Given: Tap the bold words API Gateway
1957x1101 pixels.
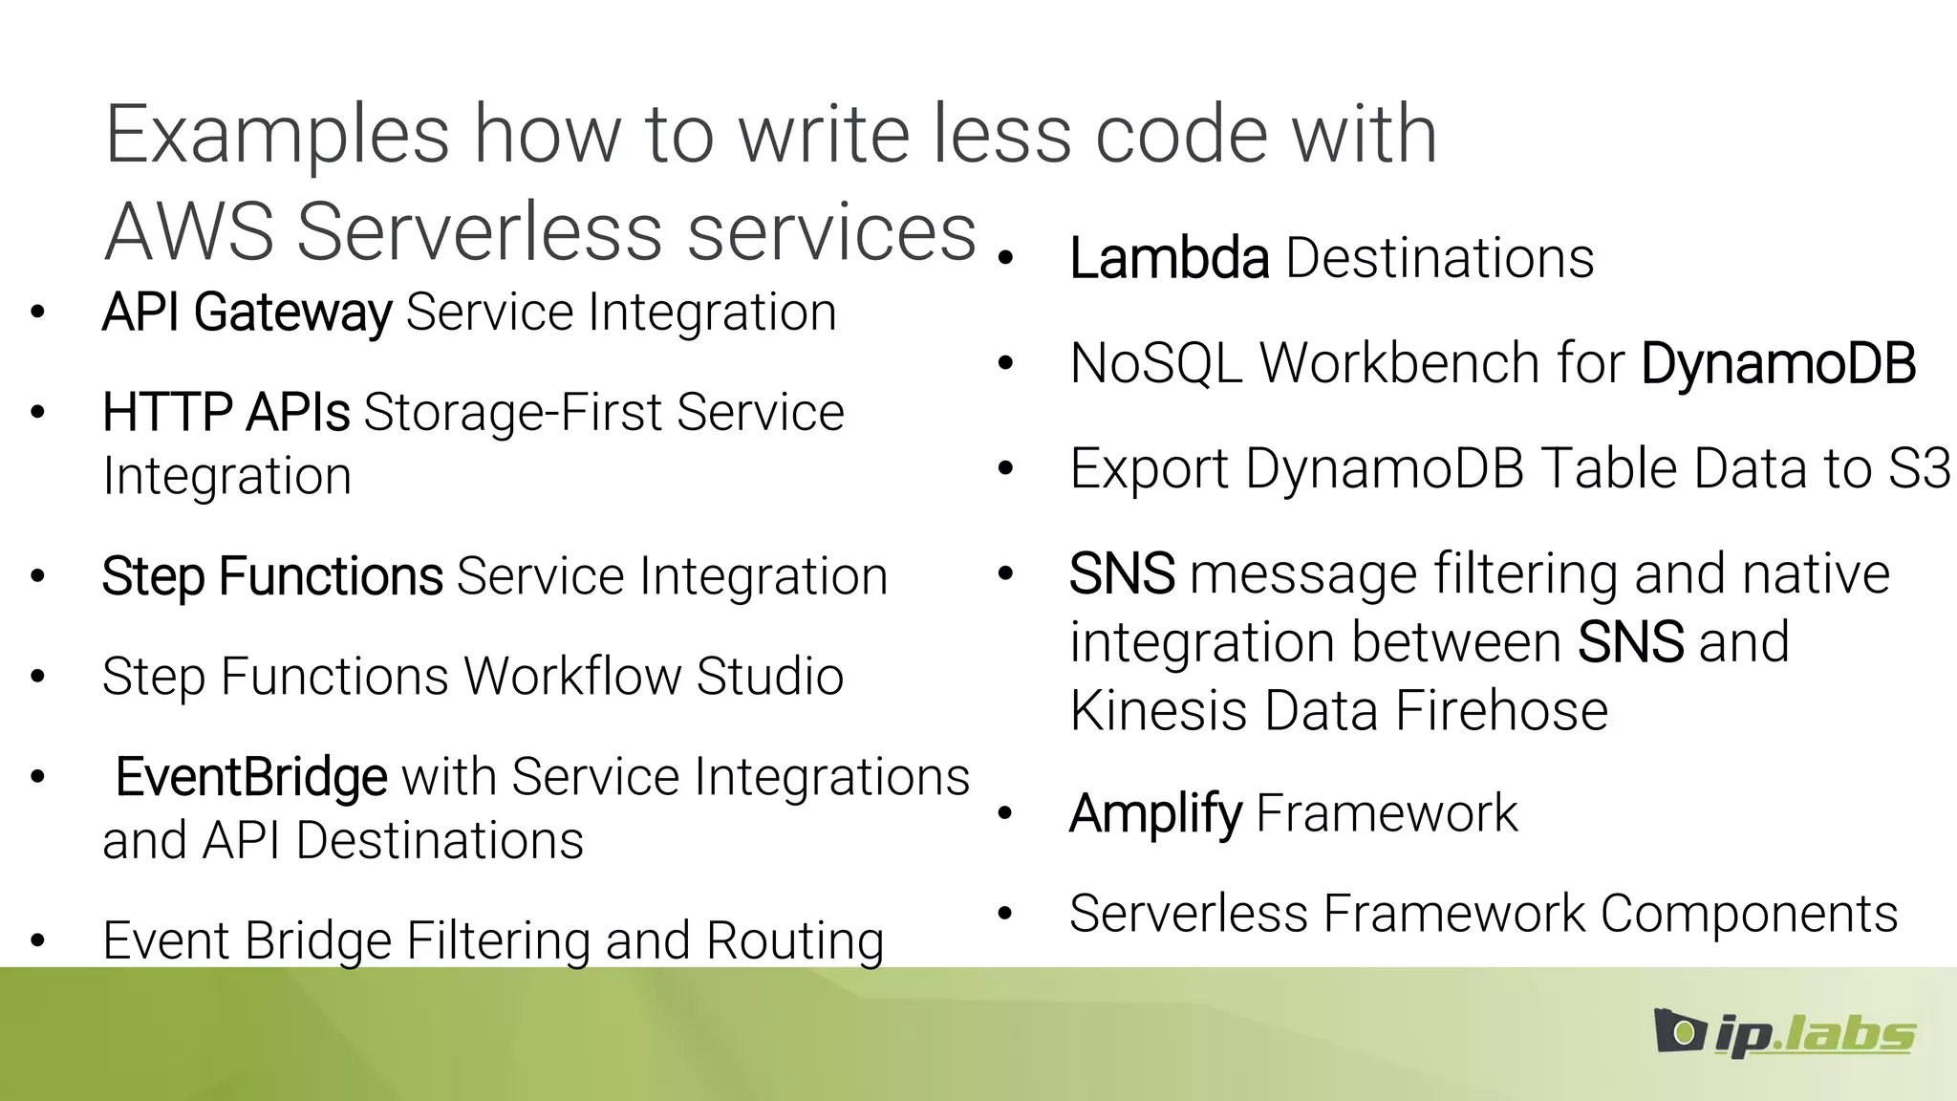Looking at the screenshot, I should pos(247,313).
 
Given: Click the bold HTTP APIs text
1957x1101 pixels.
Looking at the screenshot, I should pos(226,413).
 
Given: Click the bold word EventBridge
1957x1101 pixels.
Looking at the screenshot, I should pos(251,777).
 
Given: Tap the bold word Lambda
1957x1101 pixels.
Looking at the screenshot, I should pos(1169,259).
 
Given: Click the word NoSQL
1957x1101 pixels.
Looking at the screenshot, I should pos(1155,364).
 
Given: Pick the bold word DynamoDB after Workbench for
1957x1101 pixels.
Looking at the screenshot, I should pos(1778,364).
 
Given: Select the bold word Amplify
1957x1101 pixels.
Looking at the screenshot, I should pos(1155,814).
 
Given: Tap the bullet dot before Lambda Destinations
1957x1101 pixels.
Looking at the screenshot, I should pos(1005,258).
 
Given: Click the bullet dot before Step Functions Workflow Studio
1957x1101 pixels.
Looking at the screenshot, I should pos(37,677).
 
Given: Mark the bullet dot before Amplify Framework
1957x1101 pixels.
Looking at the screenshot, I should pos(1005,813).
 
